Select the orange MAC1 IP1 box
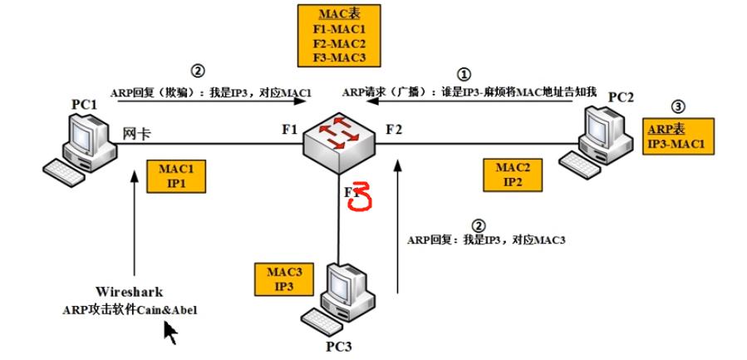click(x=175, y=175)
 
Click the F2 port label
click(x=393, y=129)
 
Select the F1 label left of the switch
click(x=288, y=130)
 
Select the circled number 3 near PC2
click(x=679, y=106)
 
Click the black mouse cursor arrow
click(x=170, y=333)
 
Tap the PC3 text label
click(x=337, y=344)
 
